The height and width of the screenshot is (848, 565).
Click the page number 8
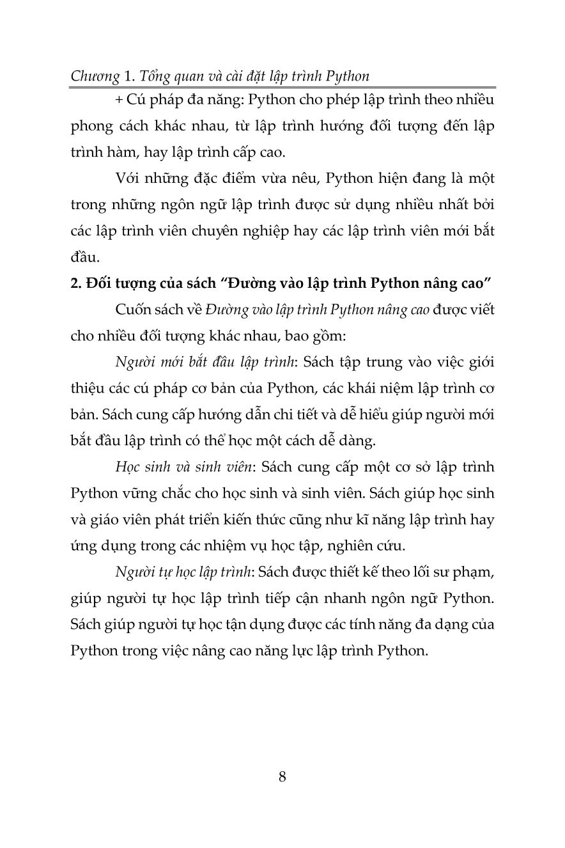[x=282, y=778]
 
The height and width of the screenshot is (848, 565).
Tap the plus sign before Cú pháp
[x=120, y=100]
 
